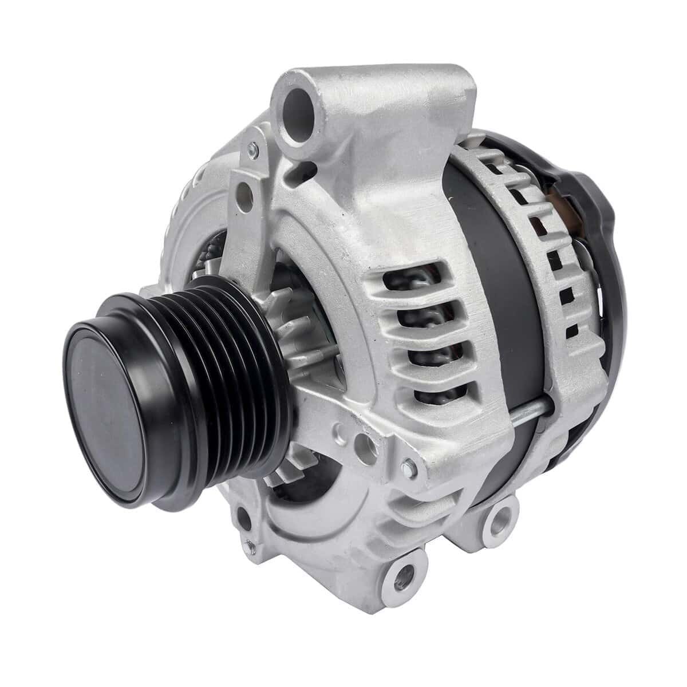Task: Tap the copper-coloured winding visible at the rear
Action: tap(564, 198)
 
